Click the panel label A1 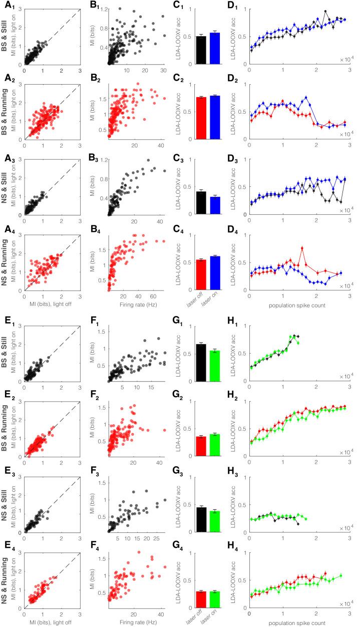10,7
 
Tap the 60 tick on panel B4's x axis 151,295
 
